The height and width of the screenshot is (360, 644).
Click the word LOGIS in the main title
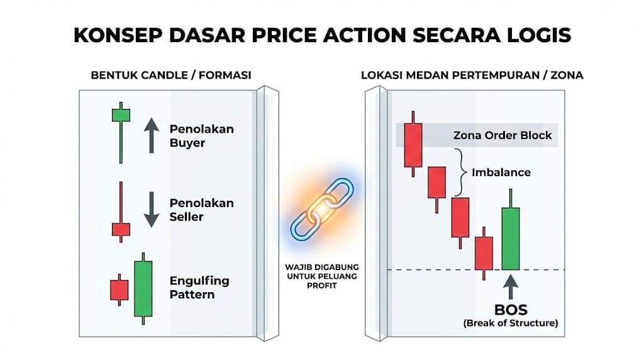pos(538,35)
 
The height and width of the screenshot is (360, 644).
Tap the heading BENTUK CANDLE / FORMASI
pos(171,75)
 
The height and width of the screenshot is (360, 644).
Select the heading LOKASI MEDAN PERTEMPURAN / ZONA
pos(472,75)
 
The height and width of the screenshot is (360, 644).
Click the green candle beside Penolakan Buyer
pos(121,132)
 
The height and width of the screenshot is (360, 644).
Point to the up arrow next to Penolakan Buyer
pos(152,135)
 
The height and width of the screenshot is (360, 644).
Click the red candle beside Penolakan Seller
pos(121,212)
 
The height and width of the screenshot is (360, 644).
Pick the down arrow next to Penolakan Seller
pos(152,209)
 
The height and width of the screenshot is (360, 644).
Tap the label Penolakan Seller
pos(202,210)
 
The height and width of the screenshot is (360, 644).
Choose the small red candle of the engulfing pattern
pos(119,290)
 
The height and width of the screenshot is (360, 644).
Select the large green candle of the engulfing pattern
pos(143,288)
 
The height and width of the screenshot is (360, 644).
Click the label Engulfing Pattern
pos(199,287)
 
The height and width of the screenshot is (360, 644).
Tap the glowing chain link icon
pos(322,209)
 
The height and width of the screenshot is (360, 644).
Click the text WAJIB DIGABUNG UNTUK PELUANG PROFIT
pos(322,276)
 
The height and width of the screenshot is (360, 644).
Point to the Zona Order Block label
pos(502,135)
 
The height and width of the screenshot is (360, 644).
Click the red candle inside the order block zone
pos(413,144)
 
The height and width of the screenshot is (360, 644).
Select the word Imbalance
pos(501,172)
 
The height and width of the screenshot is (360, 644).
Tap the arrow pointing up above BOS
pos(511,287)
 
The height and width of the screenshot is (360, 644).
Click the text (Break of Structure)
pos(511,323)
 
